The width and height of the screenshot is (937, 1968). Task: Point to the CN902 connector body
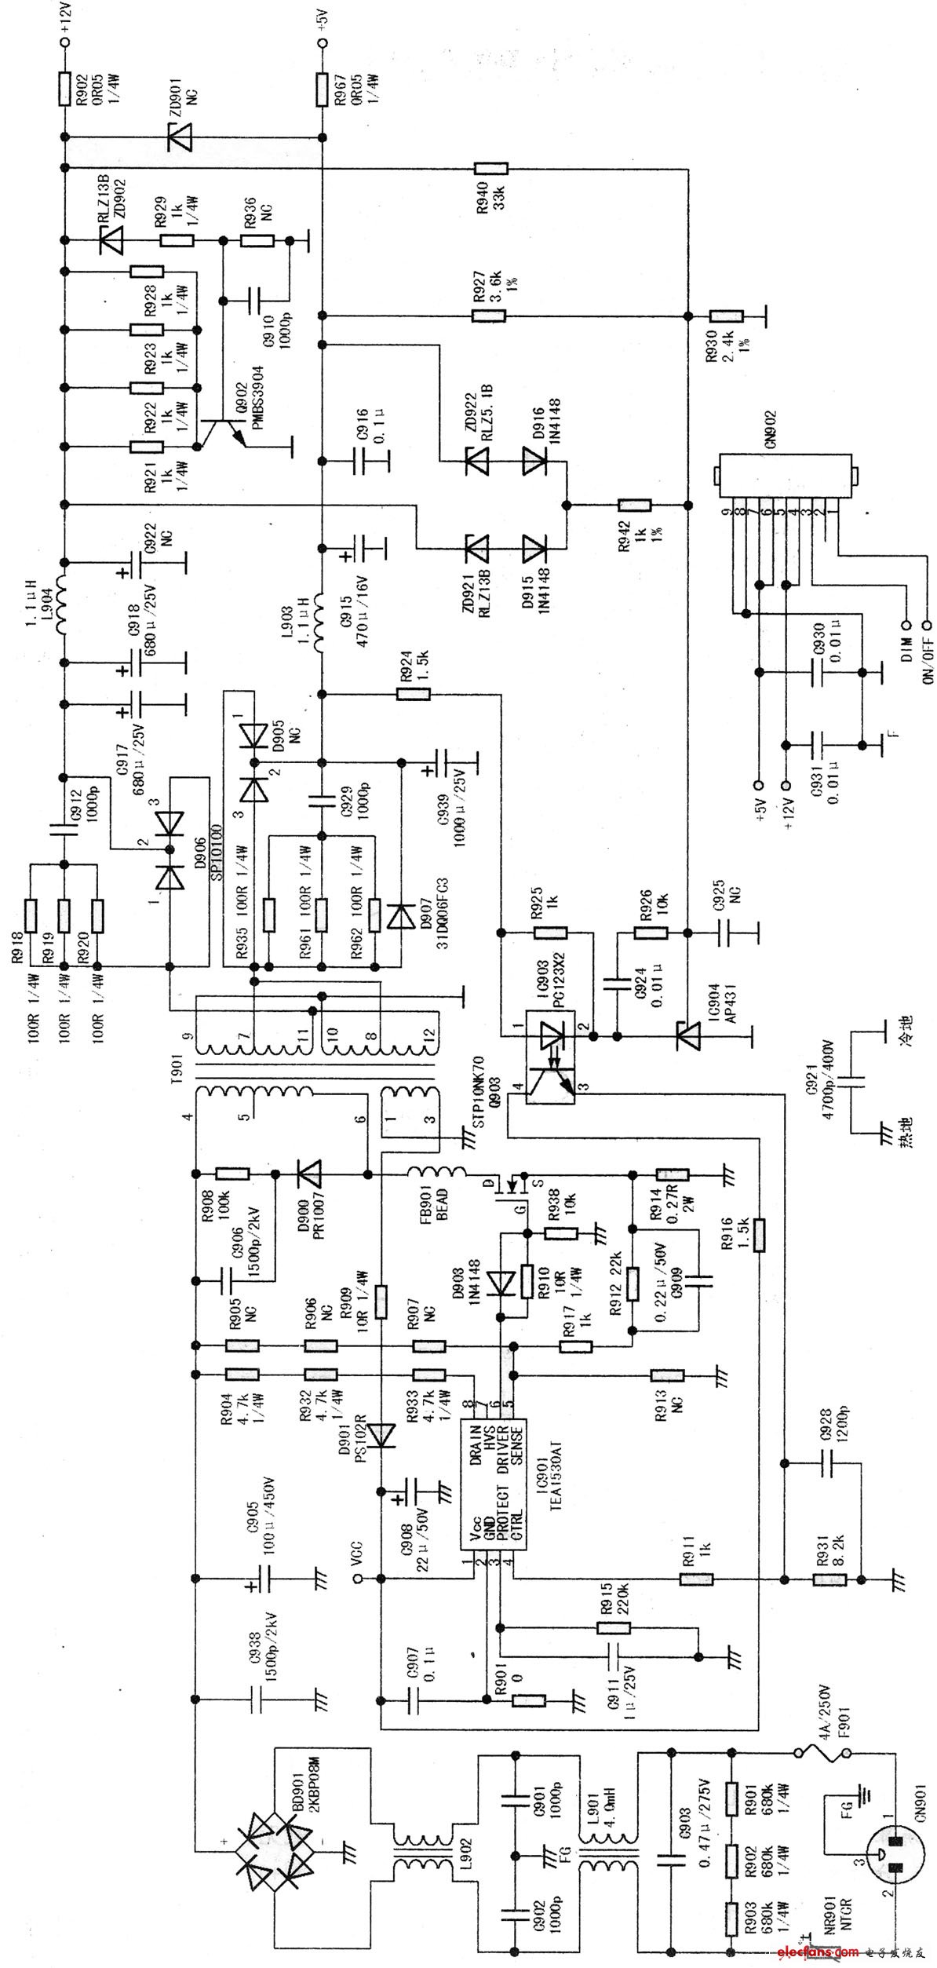tap(782, 473)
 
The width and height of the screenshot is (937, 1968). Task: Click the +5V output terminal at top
tap(321, 45)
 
